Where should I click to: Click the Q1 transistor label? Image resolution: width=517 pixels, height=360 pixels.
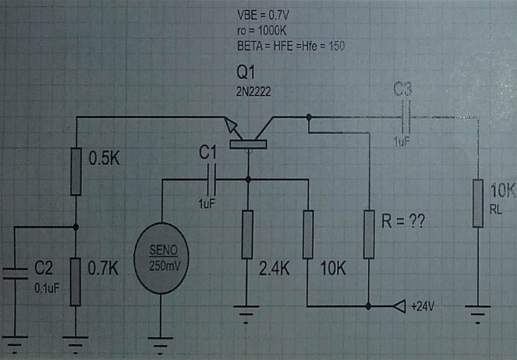pyautogui.click(x=246, y=72)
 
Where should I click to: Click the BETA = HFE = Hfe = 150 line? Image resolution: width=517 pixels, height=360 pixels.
pyautogui.click(x=291, y=45)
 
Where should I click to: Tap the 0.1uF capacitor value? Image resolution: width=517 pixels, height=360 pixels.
pyautogui.click(x=46, y=288)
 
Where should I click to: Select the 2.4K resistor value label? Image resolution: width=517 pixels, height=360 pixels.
pyautogui.click(x=274, y=268)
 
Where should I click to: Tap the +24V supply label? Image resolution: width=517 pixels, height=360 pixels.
pyautogui.click(x=422, y=305)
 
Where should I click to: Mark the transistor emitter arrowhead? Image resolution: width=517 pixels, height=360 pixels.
pyautogui.click(x=231, y=126)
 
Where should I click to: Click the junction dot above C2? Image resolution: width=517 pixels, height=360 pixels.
pyautogui.click(x=76, y=227)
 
